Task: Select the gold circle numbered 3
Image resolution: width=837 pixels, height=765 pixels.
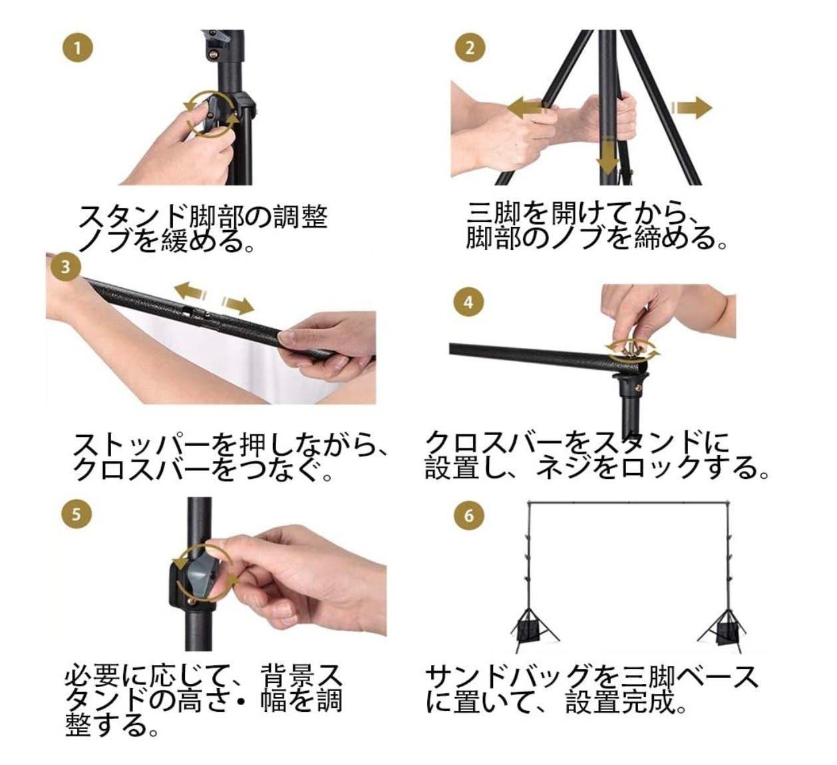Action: pyautogui.click(x=65, y=266)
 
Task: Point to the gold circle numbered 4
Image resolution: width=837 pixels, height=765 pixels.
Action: pyautogui.click(x=468, y=302)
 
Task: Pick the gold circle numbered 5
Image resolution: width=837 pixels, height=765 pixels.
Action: pyautogui.click(x=76, y=514)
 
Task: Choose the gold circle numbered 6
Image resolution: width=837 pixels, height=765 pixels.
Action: pyautogui.click(x=468, y=516)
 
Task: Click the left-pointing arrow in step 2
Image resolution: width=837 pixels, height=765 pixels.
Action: pyautogui.click(x=526, y=108)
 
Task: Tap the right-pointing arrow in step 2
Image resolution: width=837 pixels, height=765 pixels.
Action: pyautogui.click(x=692, y=108)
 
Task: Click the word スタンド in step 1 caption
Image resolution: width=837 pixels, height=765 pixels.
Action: pyautogui.click(x=132, y=217)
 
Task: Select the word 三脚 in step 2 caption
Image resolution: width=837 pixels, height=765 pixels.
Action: pyautogui.click(x=494, y=214)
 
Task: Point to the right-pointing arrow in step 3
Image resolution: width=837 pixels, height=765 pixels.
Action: pyautogui.click(x=238, y=305)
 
